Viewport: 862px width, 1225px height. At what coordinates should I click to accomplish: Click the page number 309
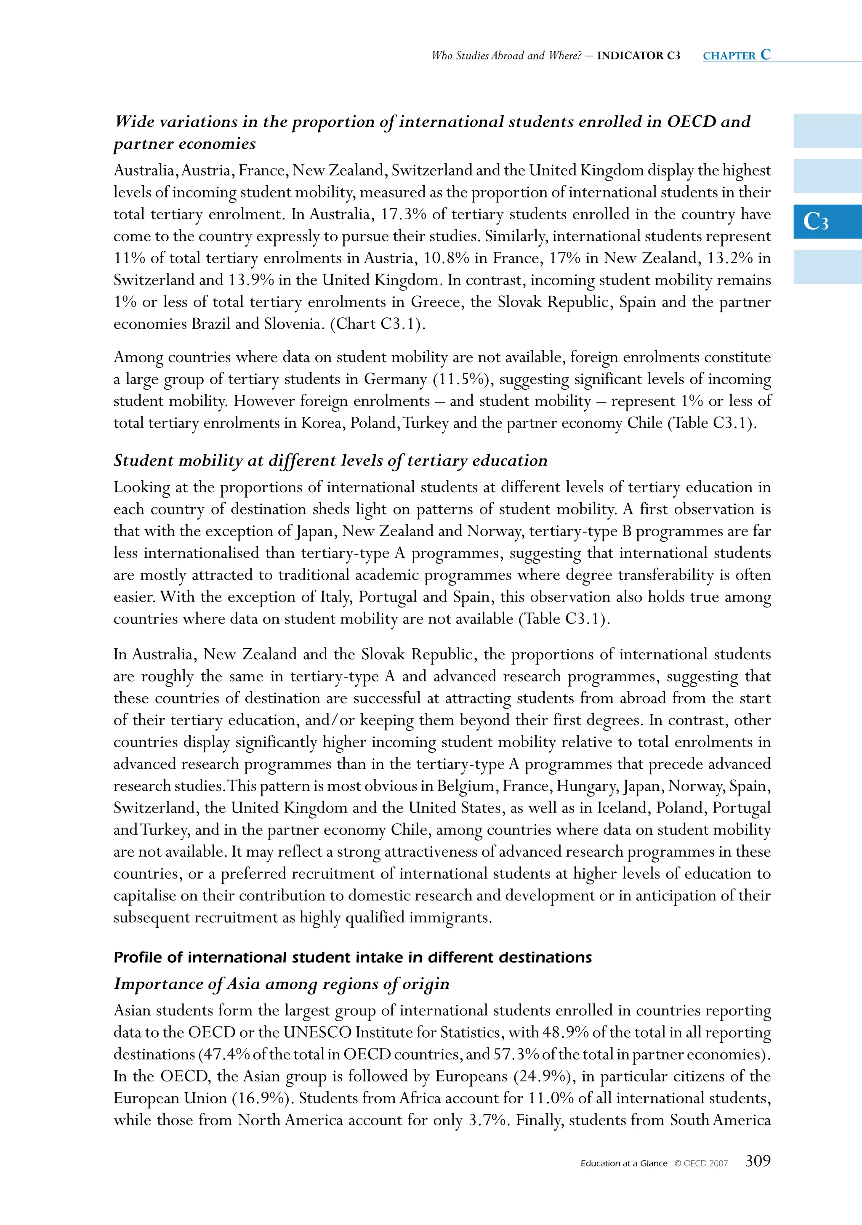coord(758,1161)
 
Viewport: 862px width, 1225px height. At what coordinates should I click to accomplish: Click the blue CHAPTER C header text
coord(737,55)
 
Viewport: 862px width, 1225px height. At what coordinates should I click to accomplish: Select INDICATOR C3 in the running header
coord(639,56)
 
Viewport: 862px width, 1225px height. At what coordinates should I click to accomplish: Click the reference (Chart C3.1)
coord(378,324)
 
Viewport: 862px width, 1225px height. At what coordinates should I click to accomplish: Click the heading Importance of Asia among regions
coord(281,984)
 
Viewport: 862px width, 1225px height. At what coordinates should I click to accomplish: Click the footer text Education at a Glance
coord(624,1163)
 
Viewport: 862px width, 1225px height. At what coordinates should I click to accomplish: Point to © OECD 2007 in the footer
coord(701,1163)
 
